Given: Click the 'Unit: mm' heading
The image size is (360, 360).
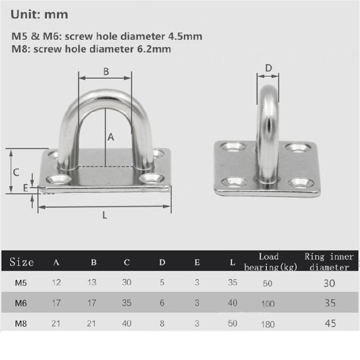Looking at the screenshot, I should click(39, 14).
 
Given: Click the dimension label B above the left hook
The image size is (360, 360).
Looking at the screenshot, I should click(106, 72).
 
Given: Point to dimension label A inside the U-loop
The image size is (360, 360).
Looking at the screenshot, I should click(110, 137).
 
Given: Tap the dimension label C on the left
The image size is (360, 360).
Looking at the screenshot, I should click(15, 171).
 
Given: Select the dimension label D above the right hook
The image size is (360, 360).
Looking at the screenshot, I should click(268, 68).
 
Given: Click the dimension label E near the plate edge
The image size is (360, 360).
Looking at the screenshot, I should click(25, 188).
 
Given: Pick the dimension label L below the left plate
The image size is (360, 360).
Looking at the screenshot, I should click(105, 215).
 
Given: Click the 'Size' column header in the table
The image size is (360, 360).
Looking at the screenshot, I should click(22, 262).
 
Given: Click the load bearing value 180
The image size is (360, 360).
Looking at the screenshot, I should click(268, 324).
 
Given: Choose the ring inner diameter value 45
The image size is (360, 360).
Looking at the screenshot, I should click(330, 324).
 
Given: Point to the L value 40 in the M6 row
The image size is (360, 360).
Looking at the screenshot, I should click(232, 303).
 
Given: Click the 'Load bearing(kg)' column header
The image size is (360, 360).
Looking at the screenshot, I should click(268, 262).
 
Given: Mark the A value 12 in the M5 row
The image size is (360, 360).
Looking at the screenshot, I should click(56, 283).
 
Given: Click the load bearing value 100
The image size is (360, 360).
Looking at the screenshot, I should click(268, 304).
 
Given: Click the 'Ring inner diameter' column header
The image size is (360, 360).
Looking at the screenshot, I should click(329, 262).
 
